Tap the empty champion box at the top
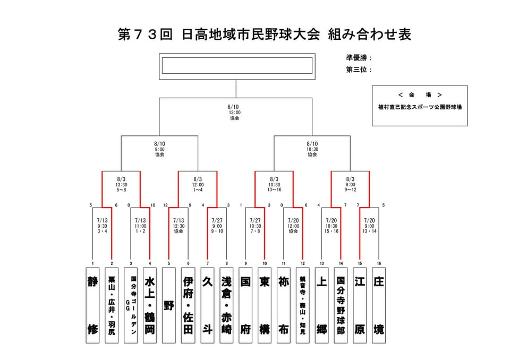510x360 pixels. tap(237, 66)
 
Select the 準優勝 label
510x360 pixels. tap(356, 58)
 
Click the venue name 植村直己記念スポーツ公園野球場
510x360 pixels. tap(420, 107)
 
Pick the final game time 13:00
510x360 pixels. tap(234, 113)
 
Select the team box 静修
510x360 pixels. tap(92, 305)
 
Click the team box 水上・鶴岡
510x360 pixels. tap(150, 305)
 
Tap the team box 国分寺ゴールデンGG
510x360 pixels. tap(131, 305)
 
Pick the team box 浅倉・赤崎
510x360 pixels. tap(226, 305)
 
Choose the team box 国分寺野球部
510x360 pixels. tap(341, 305)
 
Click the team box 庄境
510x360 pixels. tap(379, 305)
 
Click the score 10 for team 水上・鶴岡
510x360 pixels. tap(153, 205)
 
